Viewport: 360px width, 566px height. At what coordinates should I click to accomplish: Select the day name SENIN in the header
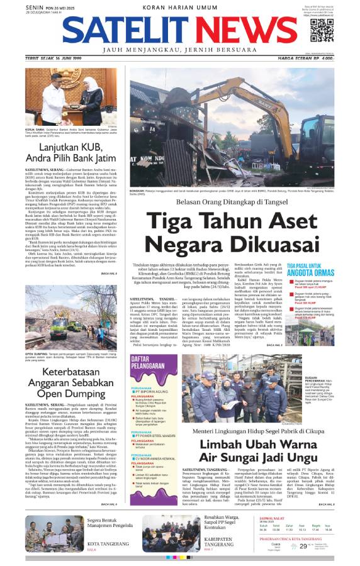click(32, 6)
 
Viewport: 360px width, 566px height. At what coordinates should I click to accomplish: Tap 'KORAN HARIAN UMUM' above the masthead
click(179, 6)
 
